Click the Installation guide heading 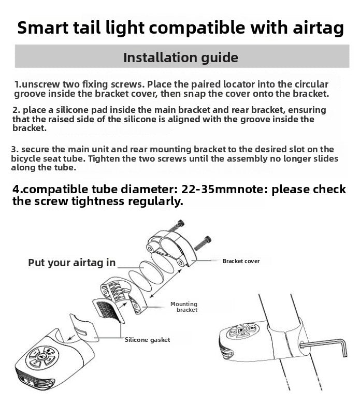tap(180, 57)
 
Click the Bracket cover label tap(241, 261)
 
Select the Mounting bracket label tap(184, 307)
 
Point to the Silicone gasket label tap(147, 340)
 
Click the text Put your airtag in tap(71, 263)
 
